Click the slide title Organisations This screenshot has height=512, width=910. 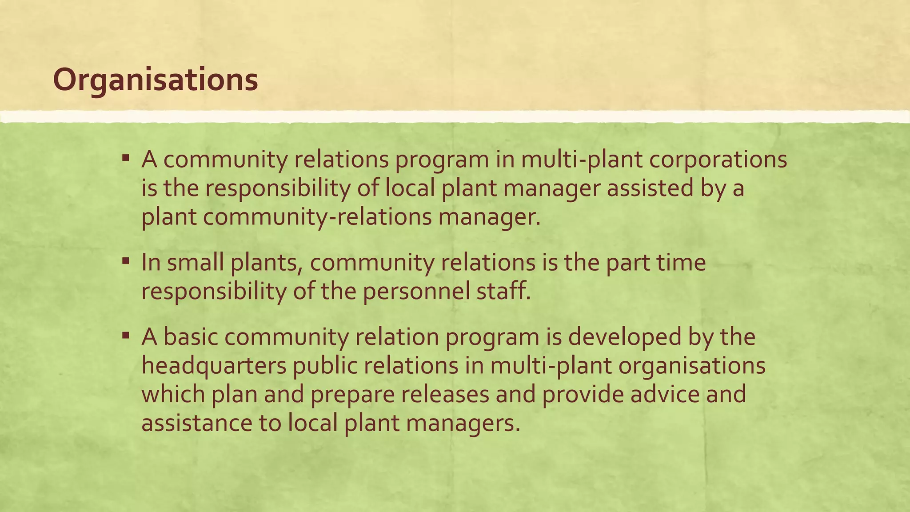(155, 80)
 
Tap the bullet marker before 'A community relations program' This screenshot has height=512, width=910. (126, 157)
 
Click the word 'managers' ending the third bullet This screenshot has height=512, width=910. (462, 423)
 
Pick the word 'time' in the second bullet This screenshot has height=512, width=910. (683, 262)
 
